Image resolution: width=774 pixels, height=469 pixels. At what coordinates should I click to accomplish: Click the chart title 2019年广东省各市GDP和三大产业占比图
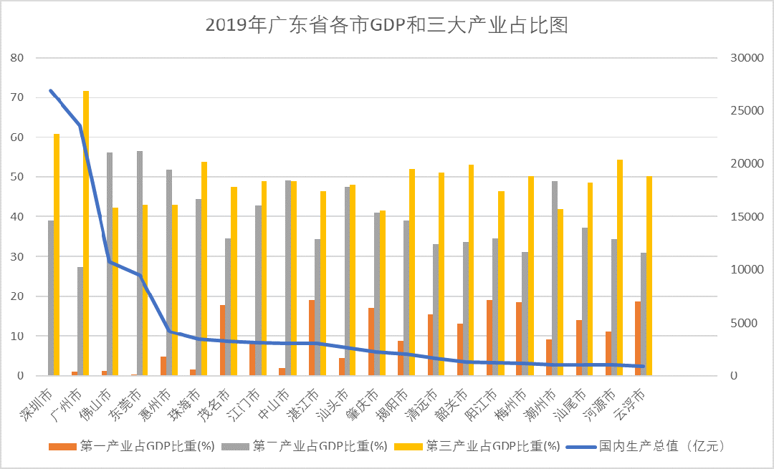386,25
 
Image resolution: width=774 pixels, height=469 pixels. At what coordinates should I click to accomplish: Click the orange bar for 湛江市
312,337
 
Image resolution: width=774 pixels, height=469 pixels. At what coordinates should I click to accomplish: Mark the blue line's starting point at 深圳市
50,91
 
